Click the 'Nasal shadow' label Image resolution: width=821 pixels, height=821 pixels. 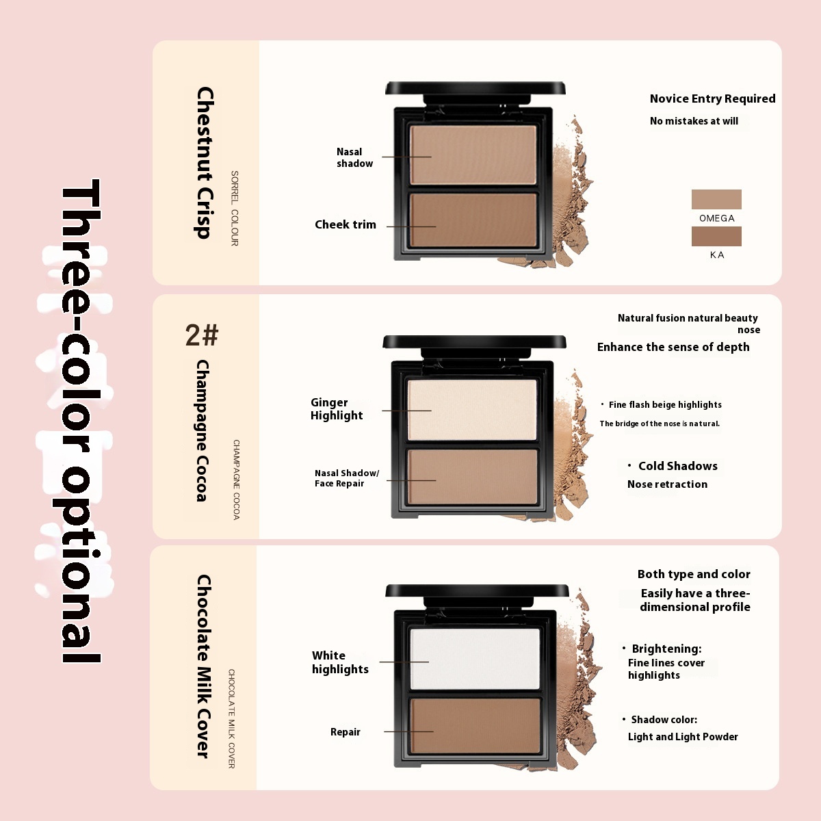tap(354, 157)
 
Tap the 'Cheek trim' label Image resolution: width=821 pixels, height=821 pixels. tap(345, 224)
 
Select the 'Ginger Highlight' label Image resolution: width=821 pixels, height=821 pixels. tap(337, 408)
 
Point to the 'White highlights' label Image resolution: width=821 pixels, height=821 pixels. tap(340, 662)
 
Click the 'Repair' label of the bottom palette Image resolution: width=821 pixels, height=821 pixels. tap(345, 732)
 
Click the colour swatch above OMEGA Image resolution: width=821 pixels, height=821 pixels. tap(716, 199)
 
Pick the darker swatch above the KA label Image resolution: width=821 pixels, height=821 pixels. tap(716, 236)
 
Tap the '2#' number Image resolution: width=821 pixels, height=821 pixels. tap(202, 335)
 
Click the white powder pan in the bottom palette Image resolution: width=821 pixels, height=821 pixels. tap(475, 659)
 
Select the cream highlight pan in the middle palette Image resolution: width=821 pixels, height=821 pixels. tap(472, 409)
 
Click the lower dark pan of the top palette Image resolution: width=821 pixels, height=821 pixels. tap(473, 220)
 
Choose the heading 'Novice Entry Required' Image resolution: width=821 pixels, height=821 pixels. tap(712, 99)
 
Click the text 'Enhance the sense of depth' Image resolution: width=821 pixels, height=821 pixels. tap(673, 348)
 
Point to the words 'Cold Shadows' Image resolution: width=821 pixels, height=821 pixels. tap(678, 466)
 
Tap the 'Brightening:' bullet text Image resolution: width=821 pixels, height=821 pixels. tap(666, 649)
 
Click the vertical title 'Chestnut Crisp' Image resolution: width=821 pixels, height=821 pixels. tap(205, 163)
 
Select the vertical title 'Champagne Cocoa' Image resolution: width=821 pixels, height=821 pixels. tap(203, 431)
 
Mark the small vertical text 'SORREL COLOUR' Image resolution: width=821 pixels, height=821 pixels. tap(235, 209)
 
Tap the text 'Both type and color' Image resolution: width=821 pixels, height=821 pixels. tap(694, 574)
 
